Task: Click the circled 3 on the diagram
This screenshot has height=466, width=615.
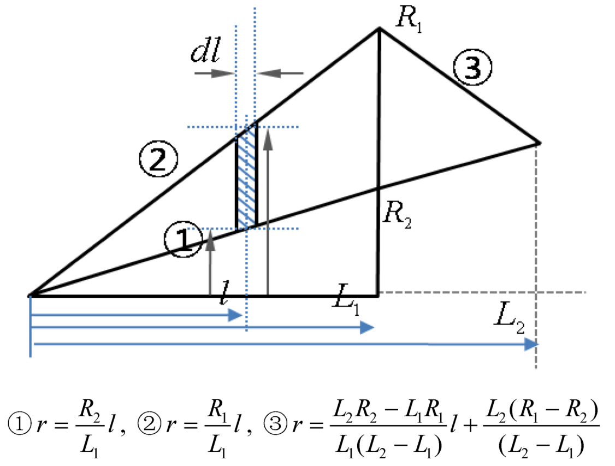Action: click(473, 69)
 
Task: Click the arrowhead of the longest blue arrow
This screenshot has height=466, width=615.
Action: click(531, 344)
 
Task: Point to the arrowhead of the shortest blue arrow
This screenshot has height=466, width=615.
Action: click(235, 315)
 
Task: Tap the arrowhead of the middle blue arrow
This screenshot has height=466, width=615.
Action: click(368, 327)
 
